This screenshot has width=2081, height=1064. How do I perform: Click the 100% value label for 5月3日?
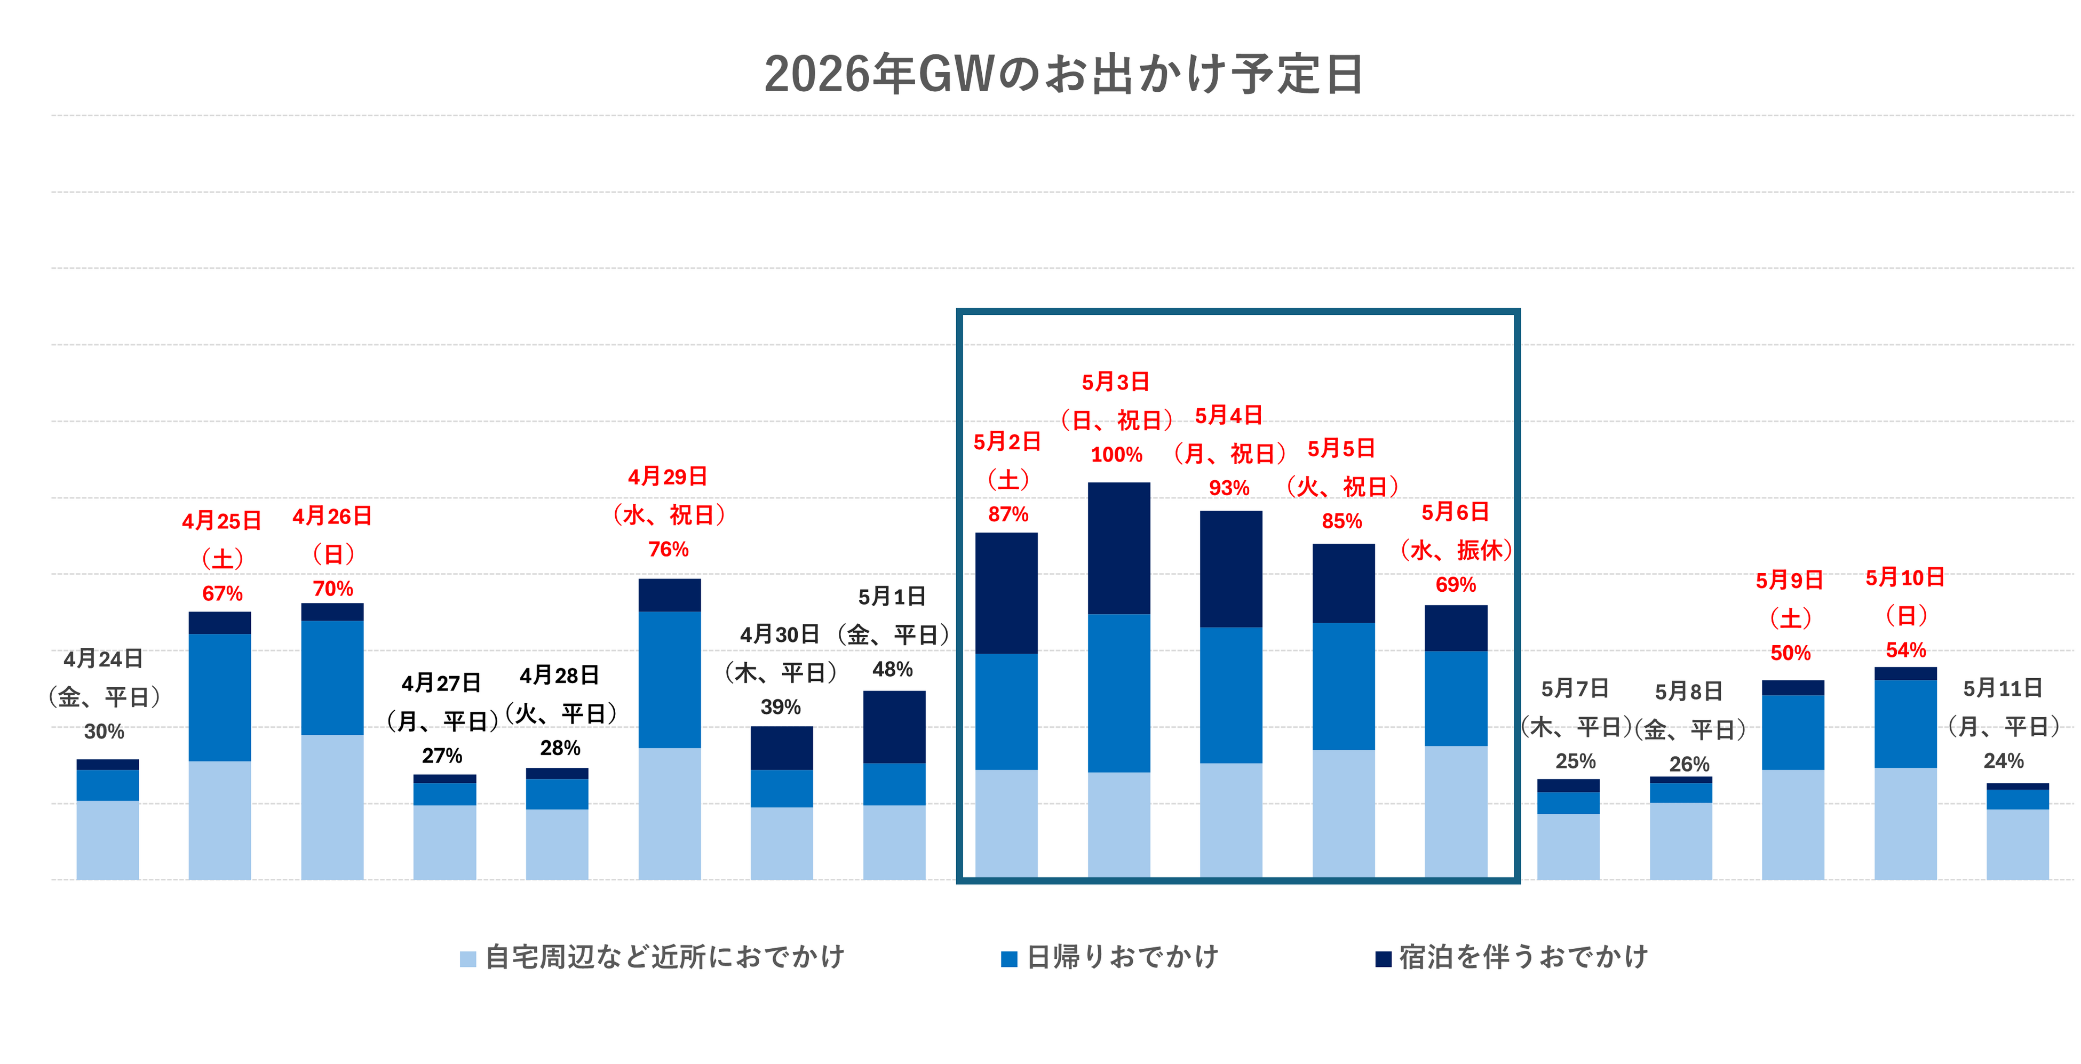click(x=1116, y=455)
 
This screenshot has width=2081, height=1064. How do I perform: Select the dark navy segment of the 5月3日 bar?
click(x=1119, y=548)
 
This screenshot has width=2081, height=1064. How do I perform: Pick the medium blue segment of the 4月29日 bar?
click(x=669, y=679)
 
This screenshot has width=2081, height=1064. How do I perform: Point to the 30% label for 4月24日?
click(x=104, y=732)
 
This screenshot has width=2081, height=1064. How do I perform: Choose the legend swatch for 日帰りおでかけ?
click(x=1009, y=959)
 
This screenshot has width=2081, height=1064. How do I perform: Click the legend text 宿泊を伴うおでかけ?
click(x=1523, y=957)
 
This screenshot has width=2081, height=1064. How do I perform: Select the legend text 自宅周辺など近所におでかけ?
click(x=664, y=957)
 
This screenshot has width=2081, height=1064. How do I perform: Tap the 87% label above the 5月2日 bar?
click(x=1007, y=514)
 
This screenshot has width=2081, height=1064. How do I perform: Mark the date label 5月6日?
click(x=1455, y=512)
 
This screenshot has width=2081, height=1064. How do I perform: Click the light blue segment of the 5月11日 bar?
click(x=2017, y=844)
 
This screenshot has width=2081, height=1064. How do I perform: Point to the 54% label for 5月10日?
click(x=1905, y=650)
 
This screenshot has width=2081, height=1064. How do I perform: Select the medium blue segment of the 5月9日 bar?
click(x=1793, y=732)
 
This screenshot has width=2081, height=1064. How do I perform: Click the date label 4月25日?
click(x=221, y=521)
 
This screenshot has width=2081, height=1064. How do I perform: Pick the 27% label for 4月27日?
click(x=442, y=756)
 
